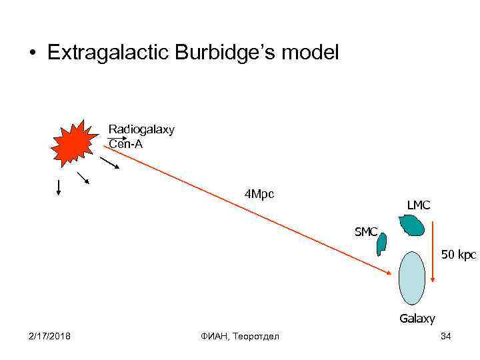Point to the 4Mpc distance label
pos(260,195)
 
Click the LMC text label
pos(419,205)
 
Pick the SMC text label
pos(366,232)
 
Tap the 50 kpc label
pos(458,254)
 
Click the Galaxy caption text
pos(417,319)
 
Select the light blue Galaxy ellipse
pos(412,278)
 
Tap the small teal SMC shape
pos(382,245)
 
